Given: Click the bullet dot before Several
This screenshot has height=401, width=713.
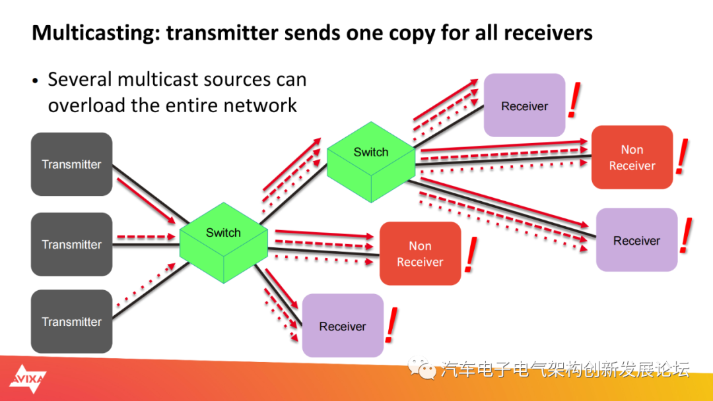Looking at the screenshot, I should coord(36,81).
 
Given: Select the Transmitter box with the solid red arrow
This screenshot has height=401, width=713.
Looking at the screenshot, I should coord(71,164).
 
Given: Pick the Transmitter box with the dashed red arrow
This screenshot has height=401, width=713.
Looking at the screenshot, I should coord(71,244).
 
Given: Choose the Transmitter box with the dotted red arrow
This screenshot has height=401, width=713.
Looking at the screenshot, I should coord(71,322).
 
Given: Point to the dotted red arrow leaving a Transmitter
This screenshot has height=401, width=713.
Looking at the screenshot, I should coord(145,286).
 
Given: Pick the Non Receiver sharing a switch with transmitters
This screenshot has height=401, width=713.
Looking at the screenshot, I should coord(420,254).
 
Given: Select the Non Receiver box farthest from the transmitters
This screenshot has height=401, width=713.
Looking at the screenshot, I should coord(632,158).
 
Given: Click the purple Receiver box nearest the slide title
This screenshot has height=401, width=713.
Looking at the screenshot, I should coord(524,106).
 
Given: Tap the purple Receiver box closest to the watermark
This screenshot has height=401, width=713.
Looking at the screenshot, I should coord(343,326).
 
